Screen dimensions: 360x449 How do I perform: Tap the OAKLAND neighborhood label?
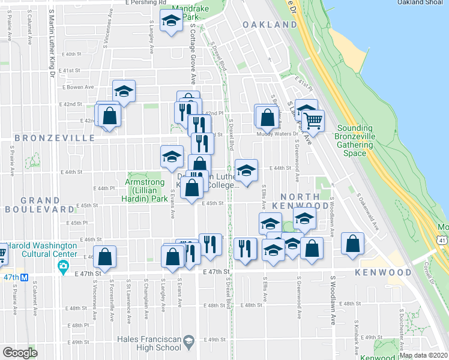coord(270,25)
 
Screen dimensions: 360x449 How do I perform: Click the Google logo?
coord(19,353)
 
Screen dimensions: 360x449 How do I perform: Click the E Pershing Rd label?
coord(146,2)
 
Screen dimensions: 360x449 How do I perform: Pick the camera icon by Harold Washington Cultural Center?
coord(63,268)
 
